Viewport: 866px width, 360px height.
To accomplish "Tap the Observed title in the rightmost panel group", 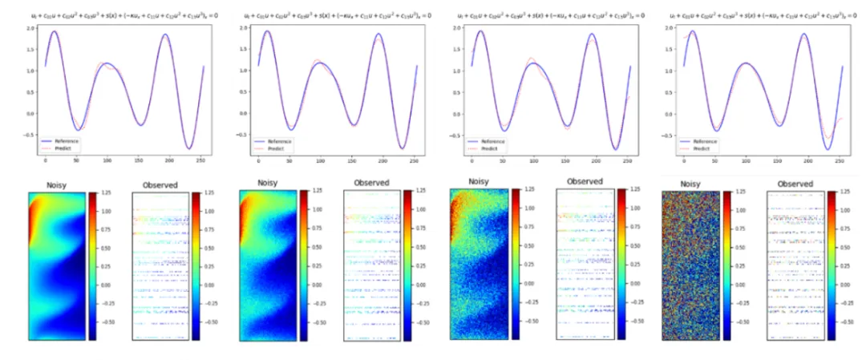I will [795, 184].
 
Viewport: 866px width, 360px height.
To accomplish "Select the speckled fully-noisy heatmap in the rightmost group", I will [689, 265].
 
